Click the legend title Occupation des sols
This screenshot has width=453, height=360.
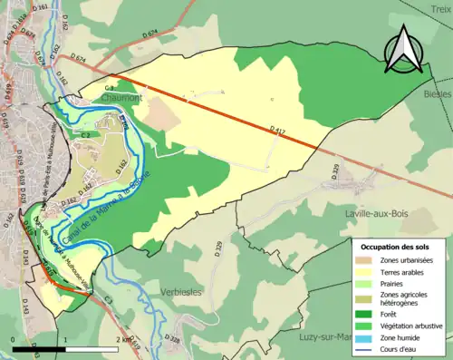396,246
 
